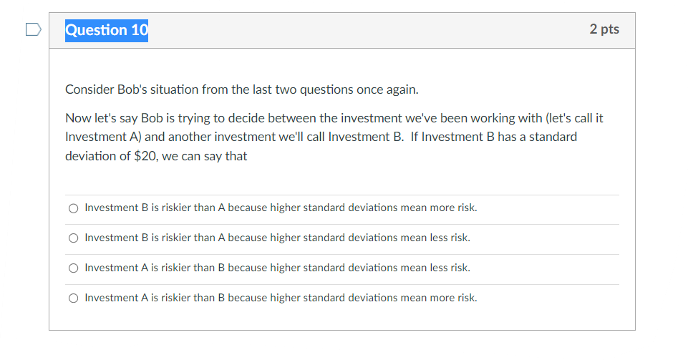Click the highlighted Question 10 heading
point(107,30)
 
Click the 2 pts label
point(604,29)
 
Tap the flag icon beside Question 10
point(33,30)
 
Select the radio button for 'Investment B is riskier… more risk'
point(73,208)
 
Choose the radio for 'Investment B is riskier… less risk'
point(73,238)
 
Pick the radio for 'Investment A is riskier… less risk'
point(73,268)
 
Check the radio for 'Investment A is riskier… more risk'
point(73,298)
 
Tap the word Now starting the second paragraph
point(77,117)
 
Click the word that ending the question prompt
point(236,156)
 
